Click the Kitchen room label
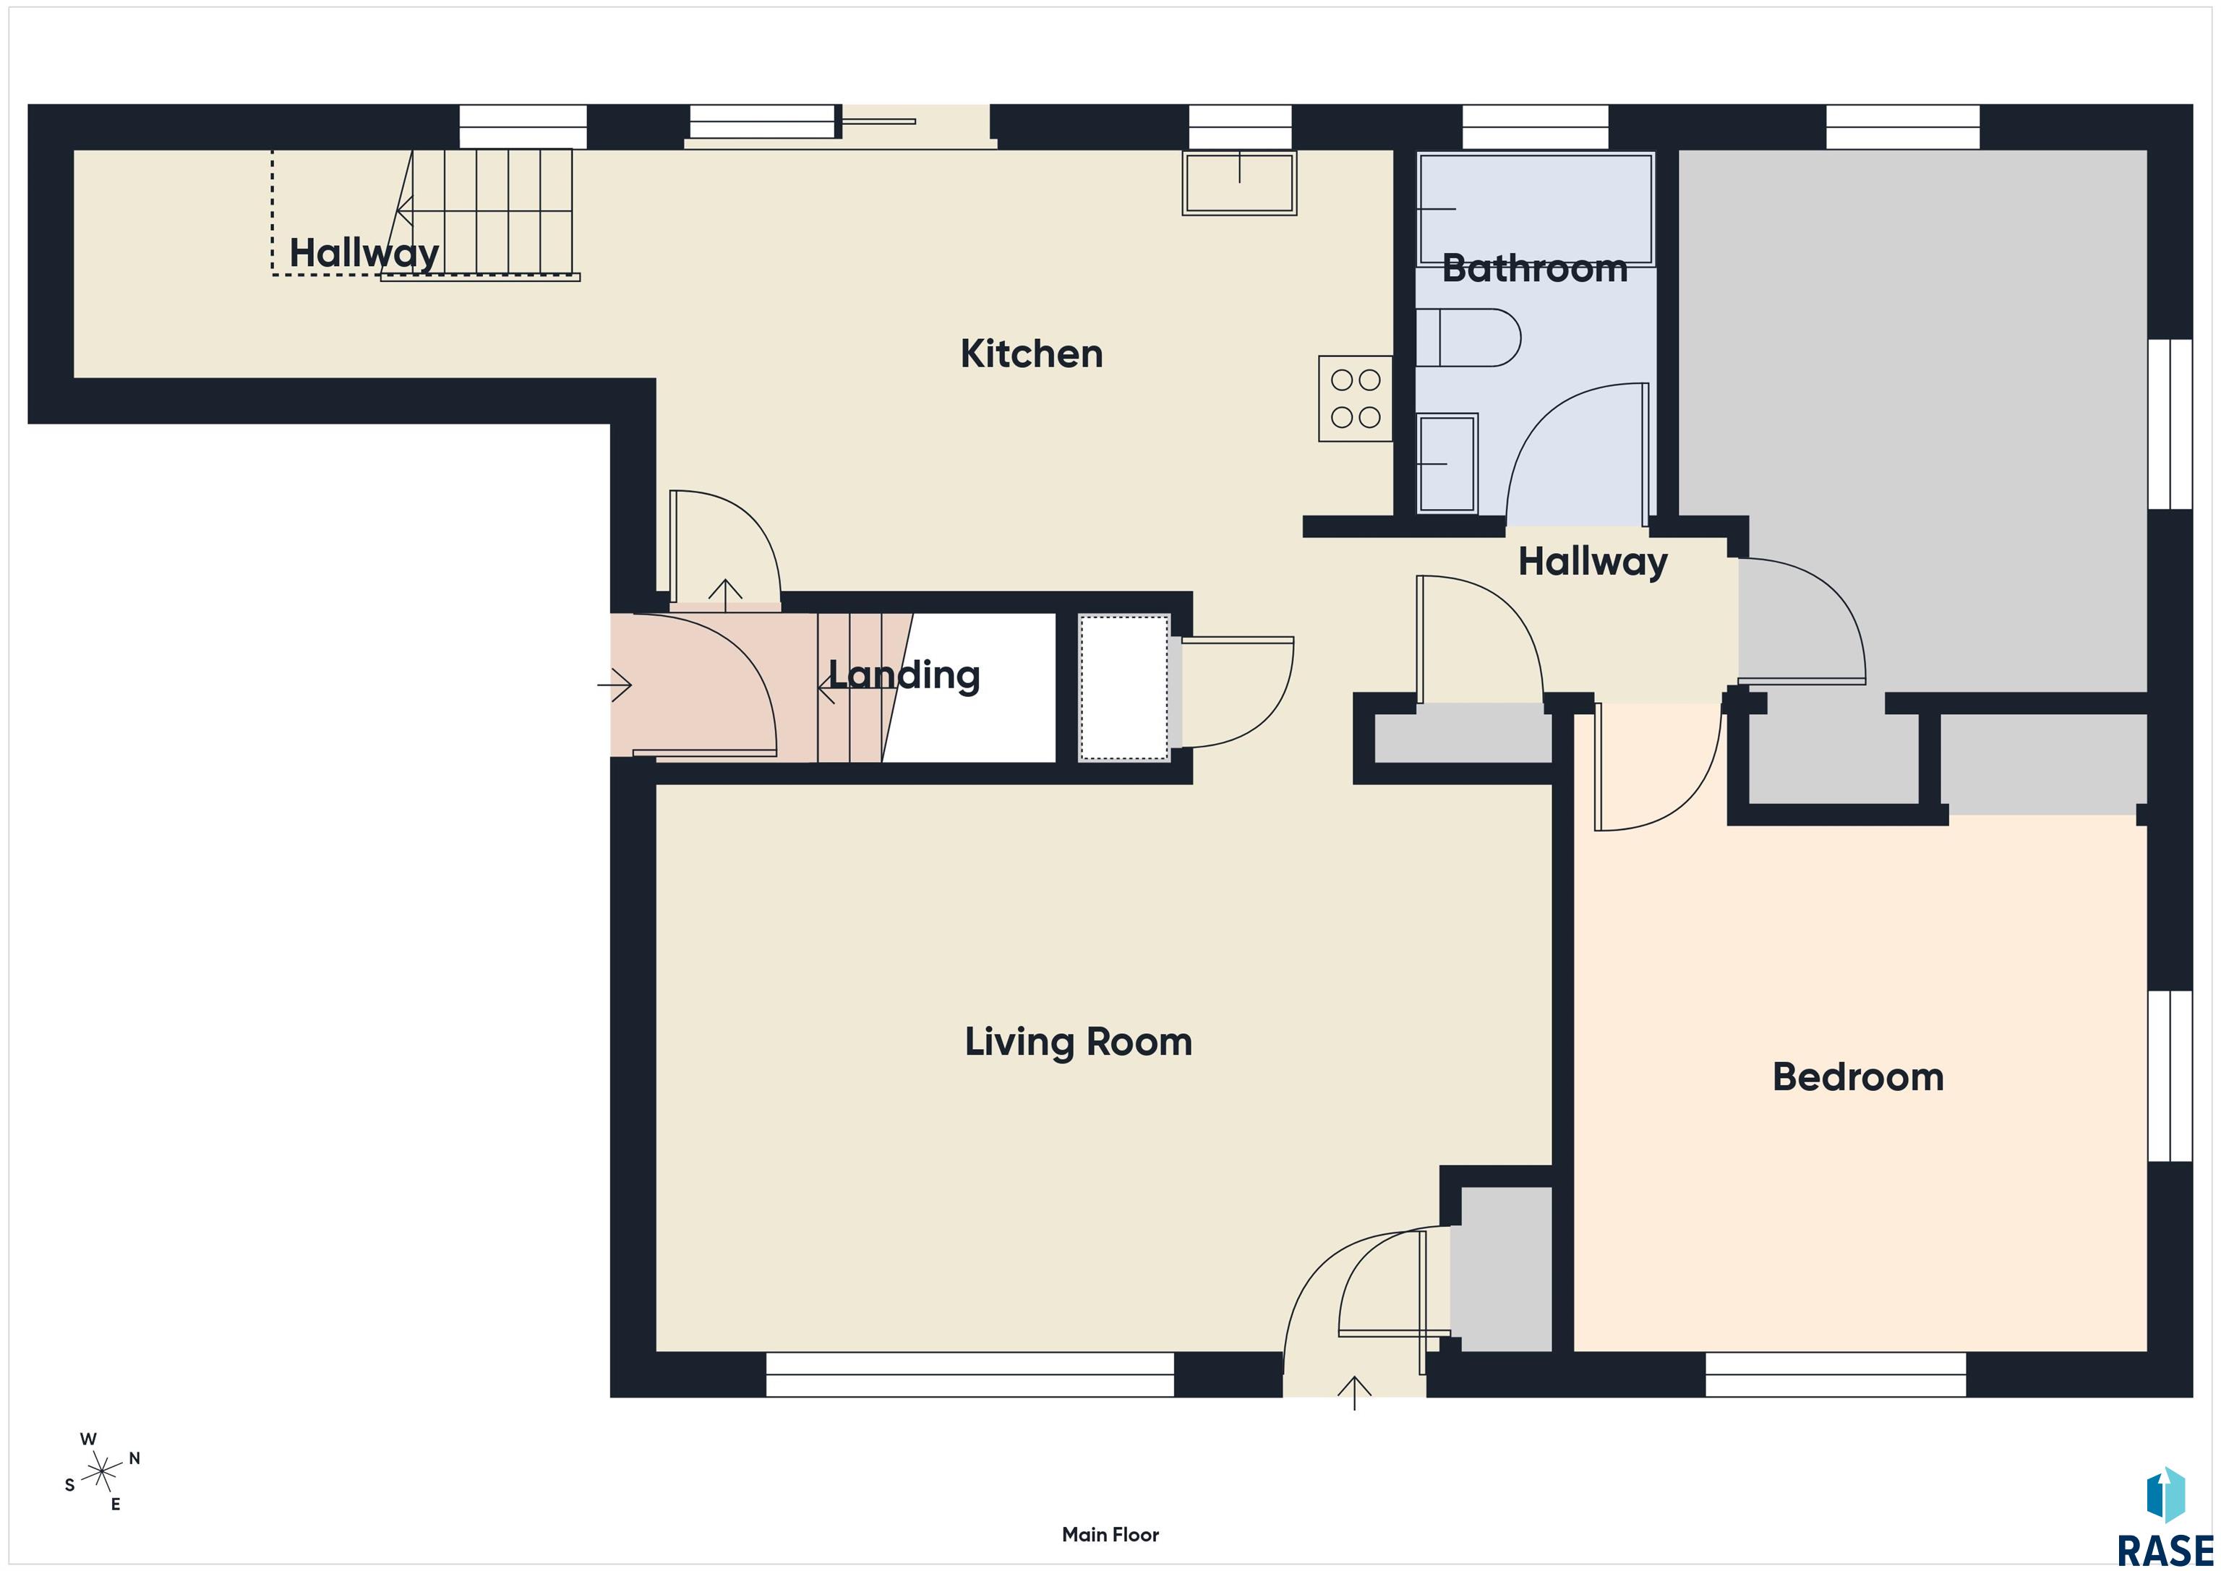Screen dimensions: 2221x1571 point(1031,354)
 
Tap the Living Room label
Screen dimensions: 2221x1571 point(1079,1043)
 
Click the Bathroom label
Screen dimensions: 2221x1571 point(1535,269)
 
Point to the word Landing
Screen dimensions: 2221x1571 point(904,675)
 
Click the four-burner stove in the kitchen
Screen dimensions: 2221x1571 point(1356,398)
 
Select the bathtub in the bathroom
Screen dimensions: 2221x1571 point(1535,209)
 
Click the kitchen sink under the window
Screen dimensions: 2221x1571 point(1239,182)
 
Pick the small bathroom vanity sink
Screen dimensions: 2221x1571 point(1447,463)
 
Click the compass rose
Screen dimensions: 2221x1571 point(101,1473)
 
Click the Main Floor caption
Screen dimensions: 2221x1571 point(1110,1535)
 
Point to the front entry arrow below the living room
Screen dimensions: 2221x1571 point(1354,1393)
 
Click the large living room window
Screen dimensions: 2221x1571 point(970,1374)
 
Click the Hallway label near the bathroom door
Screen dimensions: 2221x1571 point(1592,562)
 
